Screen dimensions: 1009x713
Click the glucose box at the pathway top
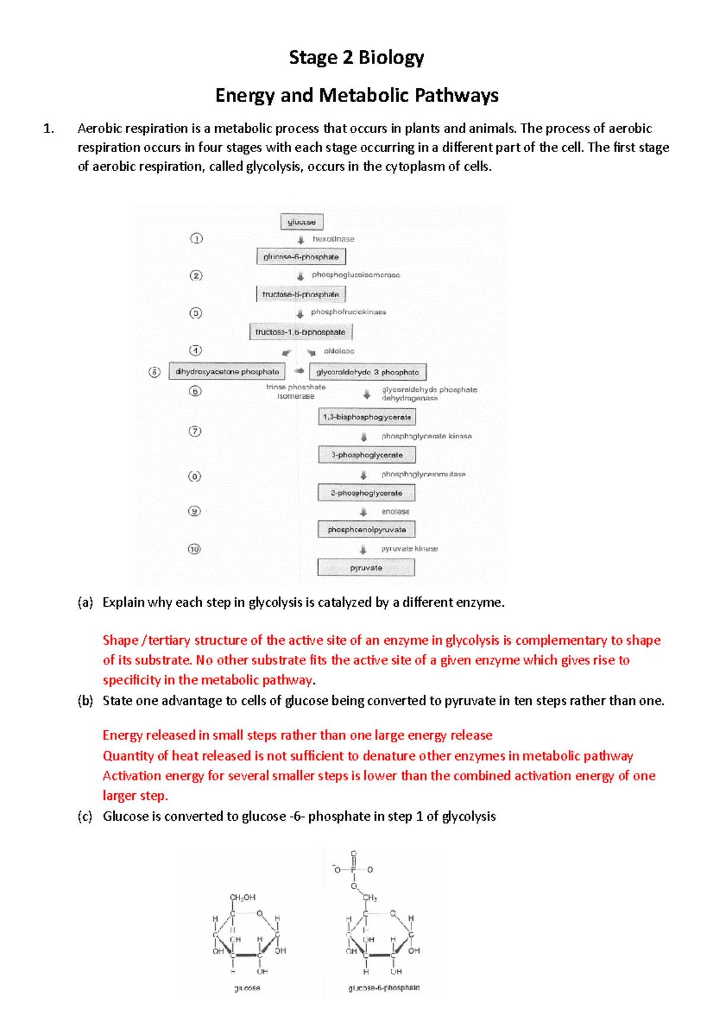tap(302, 222)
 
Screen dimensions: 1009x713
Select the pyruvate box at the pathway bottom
tap(366, 567)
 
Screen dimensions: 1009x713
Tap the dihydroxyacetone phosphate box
tap(227, 371)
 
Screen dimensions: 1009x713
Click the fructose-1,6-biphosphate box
tap(301, 332)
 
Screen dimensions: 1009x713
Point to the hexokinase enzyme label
tap(333, 239)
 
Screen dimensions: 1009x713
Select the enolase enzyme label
tap(395, 511)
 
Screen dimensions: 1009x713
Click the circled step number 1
tap(196, 238)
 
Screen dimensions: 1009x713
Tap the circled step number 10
tap(194, 548)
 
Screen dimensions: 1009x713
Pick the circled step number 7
tap(195, 431)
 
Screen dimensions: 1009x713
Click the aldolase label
tap(339, 351)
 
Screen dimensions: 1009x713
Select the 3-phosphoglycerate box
tap(367, 455)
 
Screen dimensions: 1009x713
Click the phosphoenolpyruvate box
tap(367, 529)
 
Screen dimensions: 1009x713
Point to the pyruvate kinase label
tap(409, 548)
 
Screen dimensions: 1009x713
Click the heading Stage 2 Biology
tap(356, 57)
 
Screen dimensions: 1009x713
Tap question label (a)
tap(85, 602)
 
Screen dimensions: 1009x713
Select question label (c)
tap(85, 816)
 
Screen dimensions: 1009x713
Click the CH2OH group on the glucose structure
tap(242, 897)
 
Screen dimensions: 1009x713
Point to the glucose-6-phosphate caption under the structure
tap(384, 988)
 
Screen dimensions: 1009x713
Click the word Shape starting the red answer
tap(120, 640)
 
